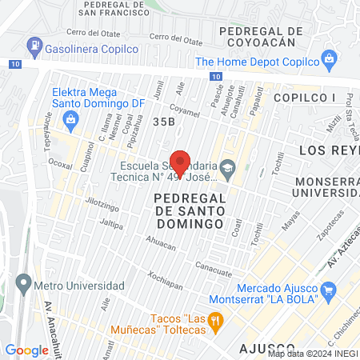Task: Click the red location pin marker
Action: pos(180,163)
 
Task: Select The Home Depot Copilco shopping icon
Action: pos(327,58)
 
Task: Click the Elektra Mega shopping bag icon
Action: pos(72,121)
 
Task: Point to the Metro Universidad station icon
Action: pos(23,283)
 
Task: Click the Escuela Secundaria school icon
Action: pos(228,166)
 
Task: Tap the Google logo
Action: pos(26,350)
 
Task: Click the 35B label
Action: pos(163,121)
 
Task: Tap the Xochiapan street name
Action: pos(164,286)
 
